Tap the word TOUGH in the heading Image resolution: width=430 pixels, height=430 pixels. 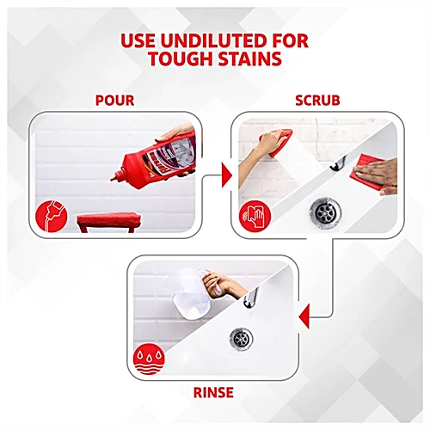tap(180, 58)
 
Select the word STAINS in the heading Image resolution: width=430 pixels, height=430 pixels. tap(249, 58)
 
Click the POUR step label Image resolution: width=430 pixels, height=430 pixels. tap(114, 101)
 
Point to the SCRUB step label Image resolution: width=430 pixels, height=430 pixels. tap(317, 101)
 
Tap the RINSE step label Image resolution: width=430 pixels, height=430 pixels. tap(213, 392)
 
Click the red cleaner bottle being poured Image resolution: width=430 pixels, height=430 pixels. tap(157, 161)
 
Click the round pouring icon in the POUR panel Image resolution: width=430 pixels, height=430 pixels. tap(52, 216)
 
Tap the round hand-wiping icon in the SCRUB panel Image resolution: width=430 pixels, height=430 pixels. tap(255, 216)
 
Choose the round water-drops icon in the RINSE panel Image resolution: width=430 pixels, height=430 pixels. tap(149, 359)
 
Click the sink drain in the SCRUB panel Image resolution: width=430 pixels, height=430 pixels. tap(325, 212)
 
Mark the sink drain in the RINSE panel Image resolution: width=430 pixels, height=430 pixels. tap(242, 340)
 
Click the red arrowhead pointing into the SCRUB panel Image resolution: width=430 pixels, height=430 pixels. tap(226, 175)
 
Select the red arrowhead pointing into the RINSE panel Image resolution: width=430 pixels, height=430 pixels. tap(304, 316)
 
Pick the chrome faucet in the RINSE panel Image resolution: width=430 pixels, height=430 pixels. tap(251, 298)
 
